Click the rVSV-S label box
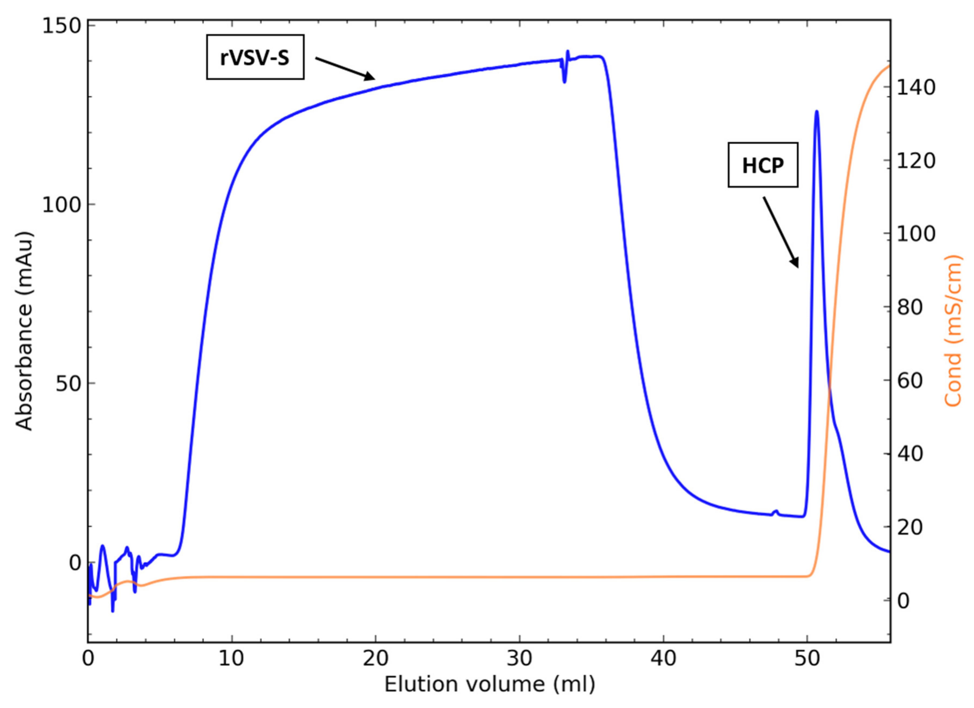coord(255,57)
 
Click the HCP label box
coord(763,165)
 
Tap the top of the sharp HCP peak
coord(816,112)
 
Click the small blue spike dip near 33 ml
coord(564,80)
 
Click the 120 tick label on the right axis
coord(915,161)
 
